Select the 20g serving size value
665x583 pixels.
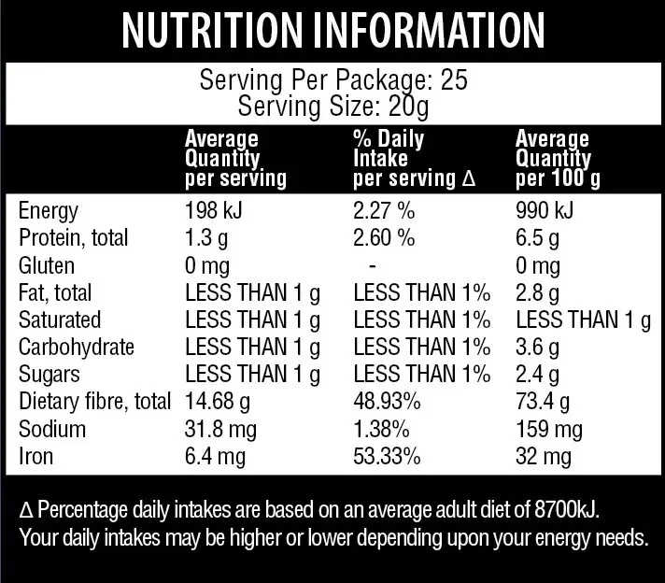[409, 105]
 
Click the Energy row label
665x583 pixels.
[49, 210]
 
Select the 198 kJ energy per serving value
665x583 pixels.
[213, 210]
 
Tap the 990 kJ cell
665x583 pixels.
[544, 210]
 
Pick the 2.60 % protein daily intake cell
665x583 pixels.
[384, 237]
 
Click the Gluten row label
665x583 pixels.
[47, 265]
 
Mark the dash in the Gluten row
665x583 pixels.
[373, 265]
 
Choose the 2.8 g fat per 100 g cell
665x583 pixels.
[536, 292]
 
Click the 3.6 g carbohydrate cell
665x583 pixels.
[536, 347]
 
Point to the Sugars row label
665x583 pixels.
[50, 375]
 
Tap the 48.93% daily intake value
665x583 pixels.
[387, 402]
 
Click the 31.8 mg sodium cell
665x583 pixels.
[222, 430]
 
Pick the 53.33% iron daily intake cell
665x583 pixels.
[387, 457]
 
